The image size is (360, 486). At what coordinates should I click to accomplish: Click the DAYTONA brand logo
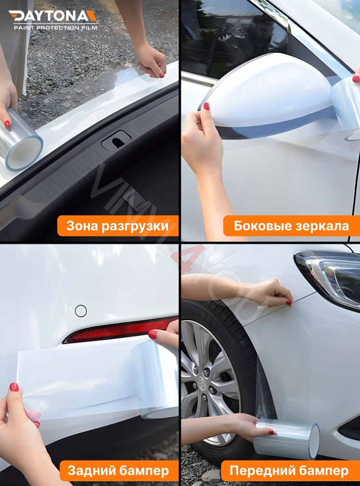[53, 16]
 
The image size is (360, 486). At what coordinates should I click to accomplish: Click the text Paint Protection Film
[55, 28]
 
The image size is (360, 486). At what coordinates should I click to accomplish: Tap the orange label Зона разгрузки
[118, 226]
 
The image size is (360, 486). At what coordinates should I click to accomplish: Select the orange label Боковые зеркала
[291, 226]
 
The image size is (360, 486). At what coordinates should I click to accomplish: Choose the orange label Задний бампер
[118, 471]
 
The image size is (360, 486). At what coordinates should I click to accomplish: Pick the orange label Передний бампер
[289, 471]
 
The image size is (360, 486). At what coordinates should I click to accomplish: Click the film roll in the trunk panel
[22, 141]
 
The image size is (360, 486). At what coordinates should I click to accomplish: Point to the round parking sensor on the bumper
[81, 311]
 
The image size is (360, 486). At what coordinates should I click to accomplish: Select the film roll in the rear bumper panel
[155, 380]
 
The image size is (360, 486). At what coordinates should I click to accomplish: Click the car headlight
[332, 276]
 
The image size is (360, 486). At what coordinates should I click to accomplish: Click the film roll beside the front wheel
[287, 439]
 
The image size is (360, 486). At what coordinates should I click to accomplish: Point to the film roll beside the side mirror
[346, 108]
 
